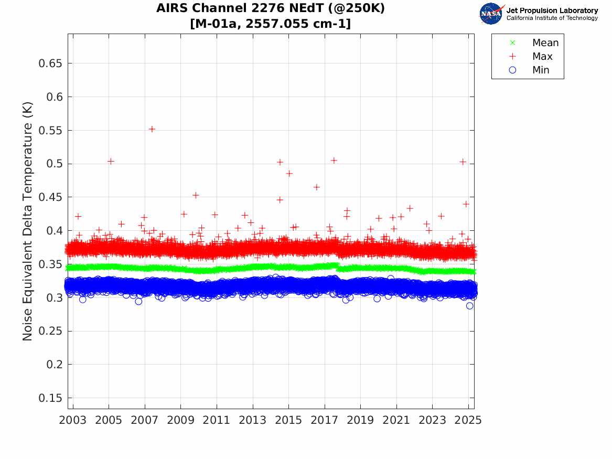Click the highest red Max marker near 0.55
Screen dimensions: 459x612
tap(152, 129)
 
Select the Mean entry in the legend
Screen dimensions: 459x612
tap(545, 42)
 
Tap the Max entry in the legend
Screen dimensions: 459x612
tap(542, 56)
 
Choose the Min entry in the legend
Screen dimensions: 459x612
tap(541, 70)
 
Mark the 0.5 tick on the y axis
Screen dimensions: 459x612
tap(55, 164)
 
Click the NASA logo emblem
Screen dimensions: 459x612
tap(491, 14)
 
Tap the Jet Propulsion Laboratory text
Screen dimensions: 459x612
tap(552, 10)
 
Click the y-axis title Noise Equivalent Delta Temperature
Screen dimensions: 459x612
tap(28, 221)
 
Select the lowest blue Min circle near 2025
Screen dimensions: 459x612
tap(469, 306)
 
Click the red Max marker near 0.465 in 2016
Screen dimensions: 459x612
tap(317, 187)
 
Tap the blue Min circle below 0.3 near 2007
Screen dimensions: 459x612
tap(138, 301)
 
